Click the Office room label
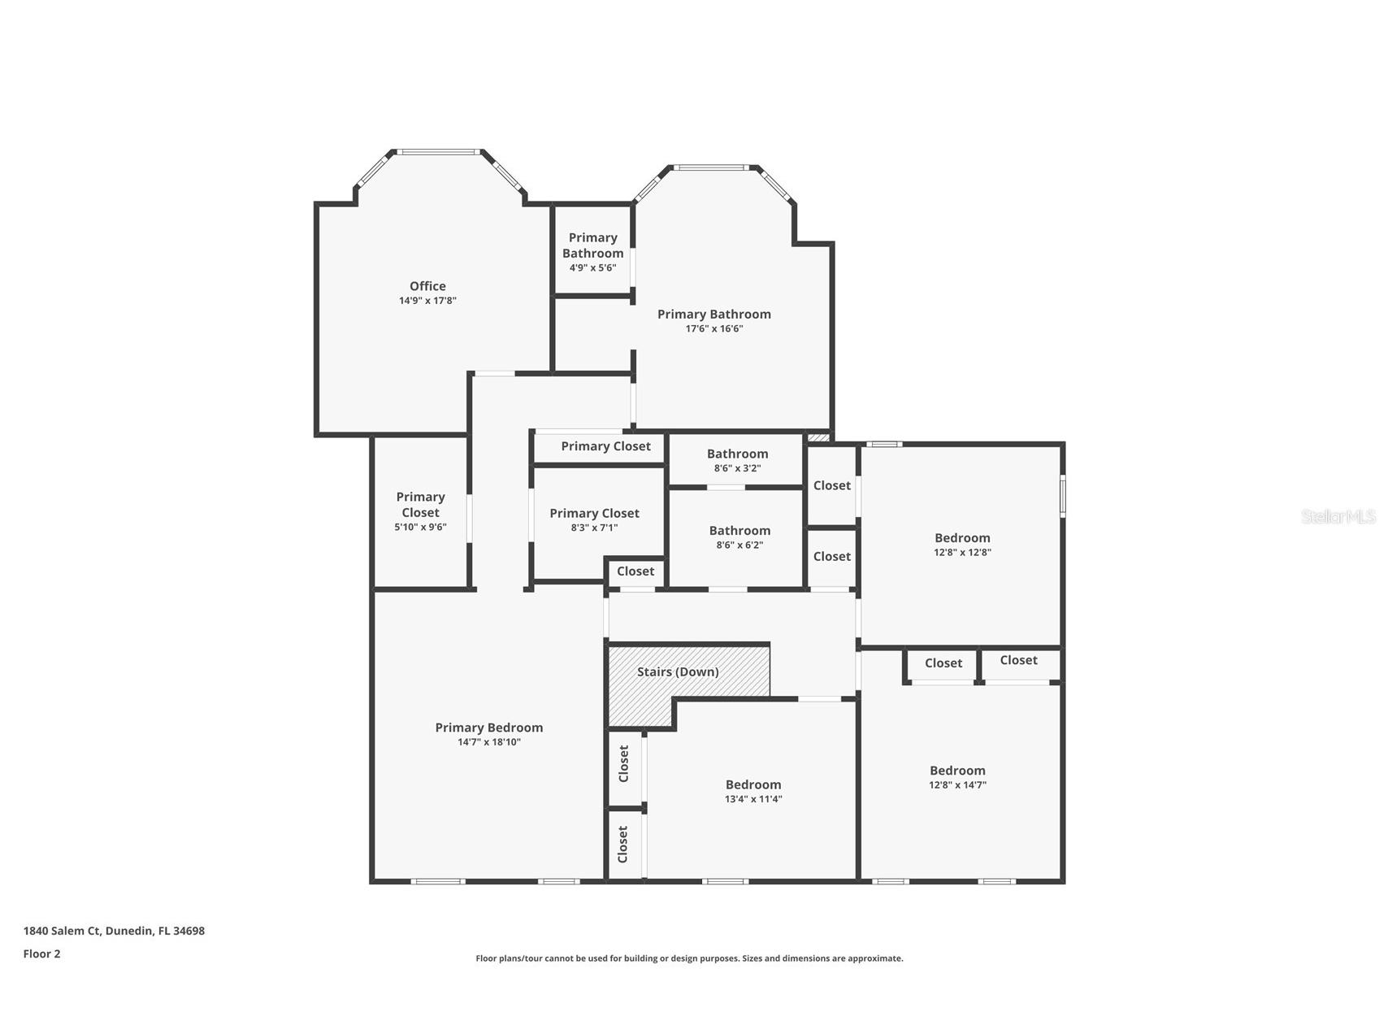point(427,286)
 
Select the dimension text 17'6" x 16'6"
point(714,329)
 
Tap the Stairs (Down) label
point(678,672)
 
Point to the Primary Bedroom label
point(488,728)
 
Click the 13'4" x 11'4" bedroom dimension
point(753,799)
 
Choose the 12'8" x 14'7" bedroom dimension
point(957,785)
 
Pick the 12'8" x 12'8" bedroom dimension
point(962,553)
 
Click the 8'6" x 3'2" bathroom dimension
point(737,469)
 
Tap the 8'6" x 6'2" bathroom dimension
point(739,545)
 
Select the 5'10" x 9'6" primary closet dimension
point(420,528)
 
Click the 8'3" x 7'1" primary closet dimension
point(594,528)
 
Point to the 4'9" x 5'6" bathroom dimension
point(592,268)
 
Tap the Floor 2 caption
point(41,954)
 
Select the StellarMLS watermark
point(1338,516)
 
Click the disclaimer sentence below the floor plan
point(689,958)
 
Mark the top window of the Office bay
point(438,151)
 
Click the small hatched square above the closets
point(819,438)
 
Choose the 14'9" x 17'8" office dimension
point(427,301)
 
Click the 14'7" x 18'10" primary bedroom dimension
point(489,742)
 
